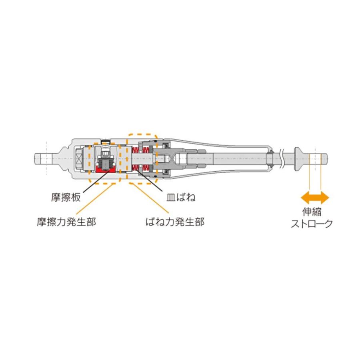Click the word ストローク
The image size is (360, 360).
(312, 224)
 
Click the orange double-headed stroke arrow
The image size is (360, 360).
(315, 197)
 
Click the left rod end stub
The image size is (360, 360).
(42, 157)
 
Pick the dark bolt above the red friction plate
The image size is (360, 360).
(105, 160)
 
